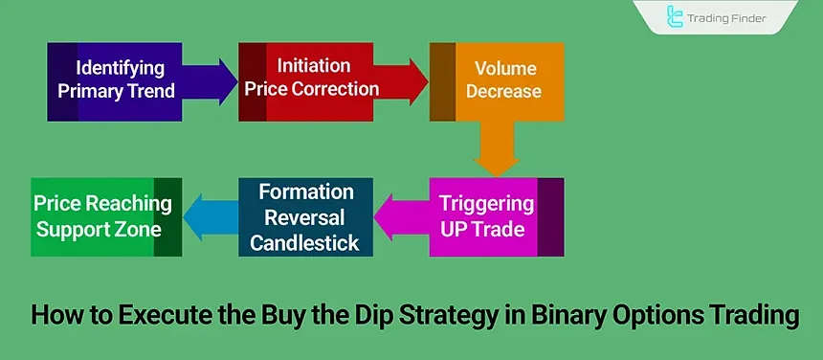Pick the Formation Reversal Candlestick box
point(304,217)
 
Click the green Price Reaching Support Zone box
point(105,216)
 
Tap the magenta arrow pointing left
point(403,216)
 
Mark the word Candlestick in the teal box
point(304,242)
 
